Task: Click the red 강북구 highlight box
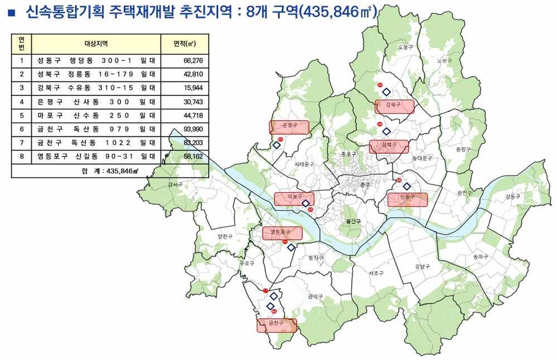point(395,107)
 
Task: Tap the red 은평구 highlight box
point(289,127)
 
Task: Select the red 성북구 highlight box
point(389,146)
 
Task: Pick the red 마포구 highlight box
point(294,199)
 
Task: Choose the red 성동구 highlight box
point(407,200)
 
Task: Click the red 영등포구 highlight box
point(283,233)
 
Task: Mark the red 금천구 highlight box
point(277,325)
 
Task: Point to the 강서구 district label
point(175,184)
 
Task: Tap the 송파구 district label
point(480,257)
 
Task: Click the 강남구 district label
point(422,267)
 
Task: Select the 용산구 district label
point(353,221)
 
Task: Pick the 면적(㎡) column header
point(185,43)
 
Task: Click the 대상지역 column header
point(96,43)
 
